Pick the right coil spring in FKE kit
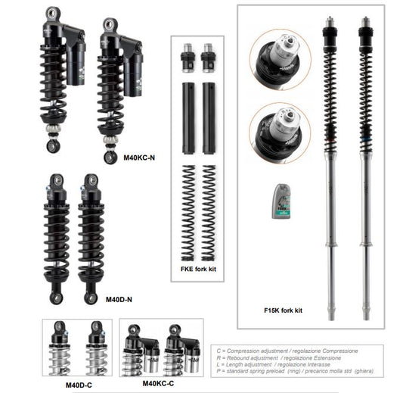click(x=209, y=213)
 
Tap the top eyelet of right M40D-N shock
click(x=91, y=181)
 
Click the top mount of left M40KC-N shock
click(x=53, y=13)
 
